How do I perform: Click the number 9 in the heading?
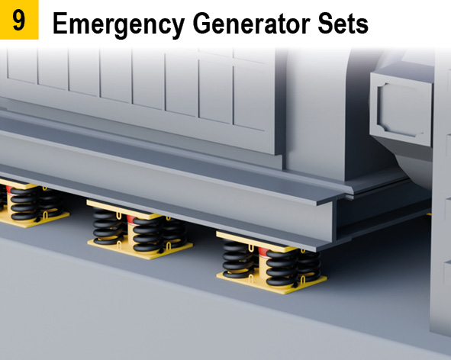[x=18, y=20]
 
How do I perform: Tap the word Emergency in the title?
[x=118, y=24]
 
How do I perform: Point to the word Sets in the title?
[x=343, y=24]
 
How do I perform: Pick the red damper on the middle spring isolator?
[x=130, y=220]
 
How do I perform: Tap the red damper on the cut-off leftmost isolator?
[x=9, y=189]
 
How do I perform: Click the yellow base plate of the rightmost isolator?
[x=272, y=283]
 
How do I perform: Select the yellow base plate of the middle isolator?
[x=140, y=249]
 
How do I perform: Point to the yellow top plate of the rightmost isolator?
[x=255, y=241]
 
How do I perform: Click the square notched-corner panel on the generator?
[x=401, y=110]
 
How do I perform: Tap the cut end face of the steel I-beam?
[x=334, y=220]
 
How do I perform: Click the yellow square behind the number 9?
[x=19, y=20]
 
